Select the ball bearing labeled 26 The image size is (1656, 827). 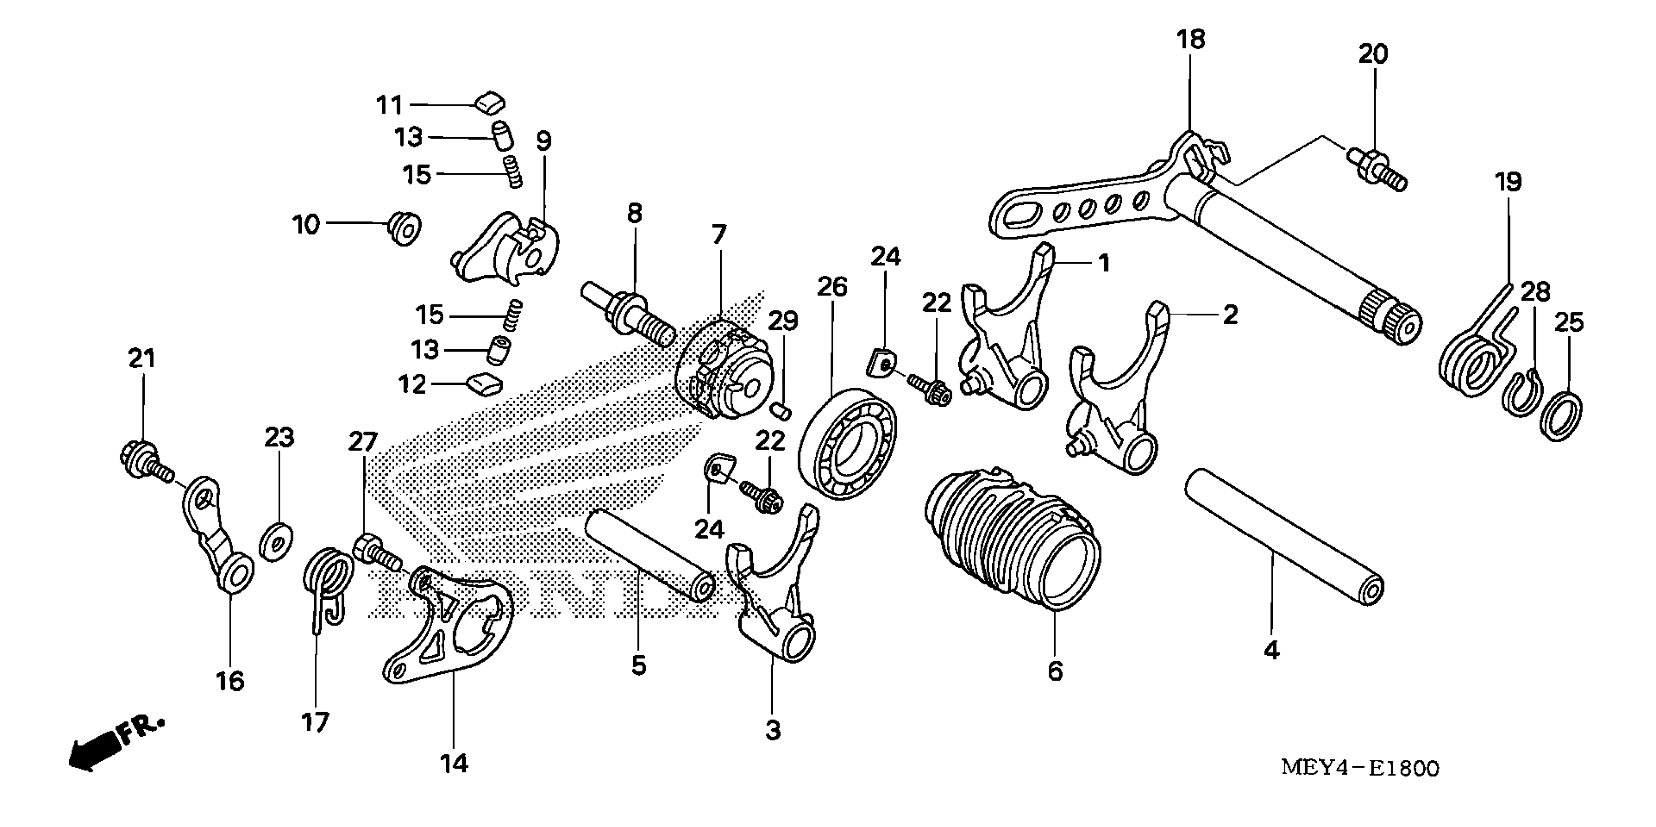click(x=847, y=443)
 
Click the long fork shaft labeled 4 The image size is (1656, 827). click(x=1282, y=537)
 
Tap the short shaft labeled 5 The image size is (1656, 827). click(x=649, y=554)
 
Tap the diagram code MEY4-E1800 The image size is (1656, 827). click(x=1360, y=768)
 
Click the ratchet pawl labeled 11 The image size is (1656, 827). click(x=490, y=102)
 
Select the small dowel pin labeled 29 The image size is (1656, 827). click(x=782, y=410)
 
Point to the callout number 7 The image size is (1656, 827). click(x=719, y=234)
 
